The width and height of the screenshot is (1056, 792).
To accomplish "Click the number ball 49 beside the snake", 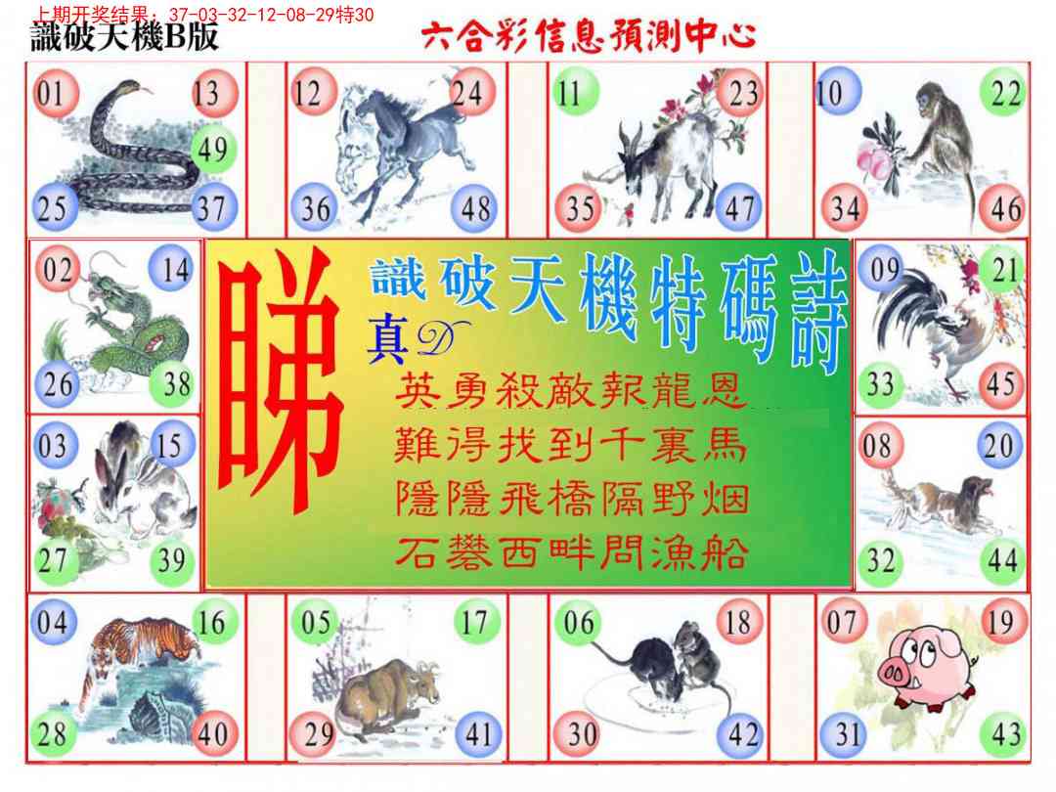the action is [x=213, y=149].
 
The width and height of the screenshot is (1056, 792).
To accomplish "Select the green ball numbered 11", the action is [x=575, y=92].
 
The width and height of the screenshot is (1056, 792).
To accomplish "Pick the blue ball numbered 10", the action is [x=837, y=92].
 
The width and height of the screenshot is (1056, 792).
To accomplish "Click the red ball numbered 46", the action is [x=1004, y=208].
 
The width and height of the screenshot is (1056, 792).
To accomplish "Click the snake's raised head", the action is [x=129, y=88].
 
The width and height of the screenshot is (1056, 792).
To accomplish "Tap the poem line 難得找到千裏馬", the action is [x=570, y=445].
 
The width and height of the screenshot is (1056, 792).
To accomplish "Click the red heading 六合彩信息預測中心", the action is [x=589, y=36].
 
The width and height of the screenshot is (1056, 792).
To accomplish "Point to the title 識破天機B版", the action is [x=124, y=36].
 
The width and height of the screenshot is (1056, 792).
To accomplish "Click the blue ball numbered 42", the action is [x=741, y=734].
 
